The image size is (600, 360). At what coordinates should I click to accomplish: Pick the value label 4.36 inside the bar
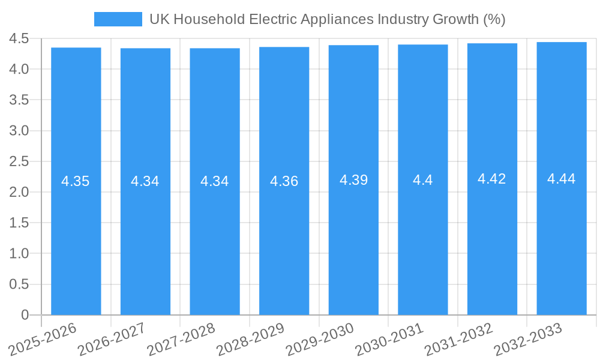click(x=284, y=181)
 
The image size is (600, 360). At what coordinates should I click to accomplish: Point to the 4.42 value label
click(x=491, y=179)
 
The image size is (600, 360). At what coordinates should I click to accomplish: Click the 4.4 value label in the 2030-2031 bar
click(x=422, y=180)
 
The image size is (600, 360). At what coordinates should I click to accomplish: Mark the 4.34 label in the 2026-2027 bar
click(x=145, y=181)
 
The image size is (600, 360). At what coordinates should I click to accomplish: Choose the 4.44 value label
click(x=561, y=179)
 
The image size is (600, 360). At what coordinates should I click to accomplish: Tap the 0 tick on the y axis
click(x=25, y=315)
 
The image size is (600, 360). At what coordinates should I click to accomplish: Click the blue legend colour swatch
click(x=118, y=19)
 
